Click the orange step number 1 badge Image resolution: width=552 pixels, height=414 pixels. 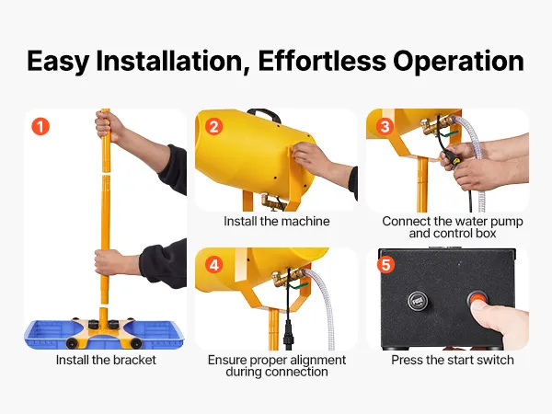40,126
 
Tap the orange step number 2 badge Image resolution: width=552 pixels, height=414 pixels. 213,126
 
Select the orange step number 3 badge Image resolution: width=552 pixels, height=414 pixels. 385,126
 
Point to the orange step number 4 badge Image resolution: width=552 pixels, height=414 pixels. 214,265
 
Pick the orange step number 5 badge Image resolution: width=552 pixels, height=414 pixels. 385,265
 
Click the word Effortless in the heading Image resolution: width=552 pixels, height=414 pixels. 322,61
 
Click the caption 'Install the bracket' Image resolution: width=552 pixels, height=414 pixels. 106,360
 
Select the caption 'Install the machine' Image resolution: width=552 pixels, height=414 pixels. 277,221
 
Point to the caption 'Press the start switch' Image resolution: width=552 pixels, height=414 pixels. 453,360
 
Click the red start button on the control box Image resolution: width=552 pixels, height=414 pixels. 477,300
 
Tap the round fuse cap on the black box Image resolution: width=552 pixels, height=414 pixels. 418,302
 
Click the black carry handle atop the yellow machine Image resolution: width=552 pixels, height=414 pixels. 264,114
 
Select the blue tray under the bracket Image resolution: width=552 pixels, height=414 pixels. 104,335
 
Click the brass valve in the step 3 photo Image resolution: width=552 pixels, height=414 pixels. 437,126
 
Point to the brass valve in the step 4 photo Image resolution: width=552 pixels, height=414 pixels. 287,277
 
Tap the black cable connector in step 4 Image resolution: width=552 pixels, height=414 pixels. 288,335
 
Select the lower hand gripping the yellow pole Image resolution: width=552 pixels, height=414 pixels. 108,263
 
